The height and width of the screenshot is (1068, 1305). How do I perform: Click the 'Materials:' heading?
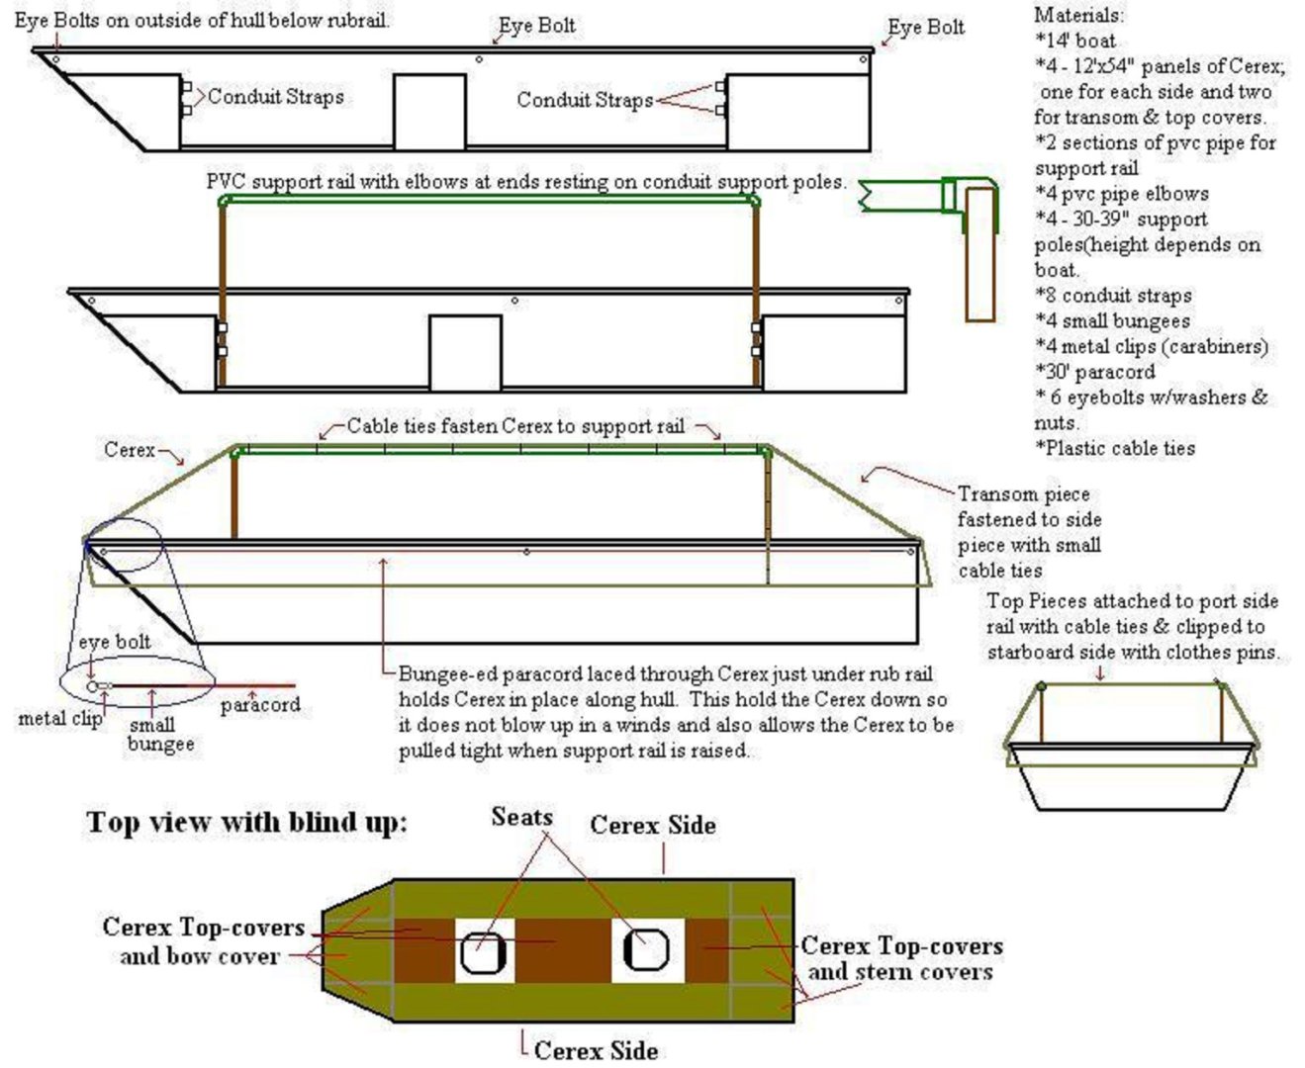click(x=1078, y=15)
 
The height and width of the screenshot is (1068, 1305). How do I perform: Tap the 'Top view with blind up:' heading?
click(x=246, y=823)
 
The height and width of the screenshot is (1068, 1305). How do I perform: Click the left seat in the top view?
click(x=485, y=951)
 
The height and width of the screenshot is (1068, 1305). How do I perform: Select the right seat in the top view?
click(x=646, y=950)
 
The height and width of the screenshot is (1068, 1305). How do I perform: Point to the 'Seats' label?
click(x=521, y=817)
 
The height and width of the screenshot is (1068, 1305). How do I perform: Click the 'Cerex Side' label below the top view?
click(x=596, y=1050)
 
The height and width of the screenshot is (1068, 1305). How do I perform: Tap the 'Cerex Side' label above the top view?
click(x=653, y=826)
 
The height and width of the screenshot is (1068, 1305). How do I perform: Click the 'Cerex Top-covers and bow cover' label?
click(x=203, y=941)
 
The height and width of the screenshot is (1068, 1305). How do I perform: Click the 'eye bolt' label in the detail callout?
click(x=115, y=642)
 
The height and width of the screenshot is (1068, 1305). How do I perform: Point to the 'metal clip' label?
click(x=59, y=719)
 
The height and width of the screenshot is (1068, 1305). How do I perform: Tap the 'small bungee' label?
click(x=158, y=734)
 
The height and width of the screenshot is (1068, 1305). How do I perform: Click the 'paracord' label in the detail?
click(x=259, y=705)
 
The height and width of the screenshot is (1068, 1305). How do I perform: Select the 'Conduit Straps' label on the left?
click(x=275, y=97)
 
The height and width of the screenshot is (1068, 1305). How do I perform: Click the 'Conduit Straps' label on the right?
click(x=585, y=100)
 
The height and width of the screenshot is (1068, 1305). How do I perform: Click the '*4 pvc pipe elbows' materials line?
click(x=1121, y=194)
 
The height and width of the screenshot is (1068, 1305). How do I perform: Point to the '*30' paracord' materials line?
click(x=1094, y=372)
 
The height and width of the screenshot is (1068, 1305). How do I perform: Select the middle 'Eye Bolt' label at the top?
click(x=536, y=26)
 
